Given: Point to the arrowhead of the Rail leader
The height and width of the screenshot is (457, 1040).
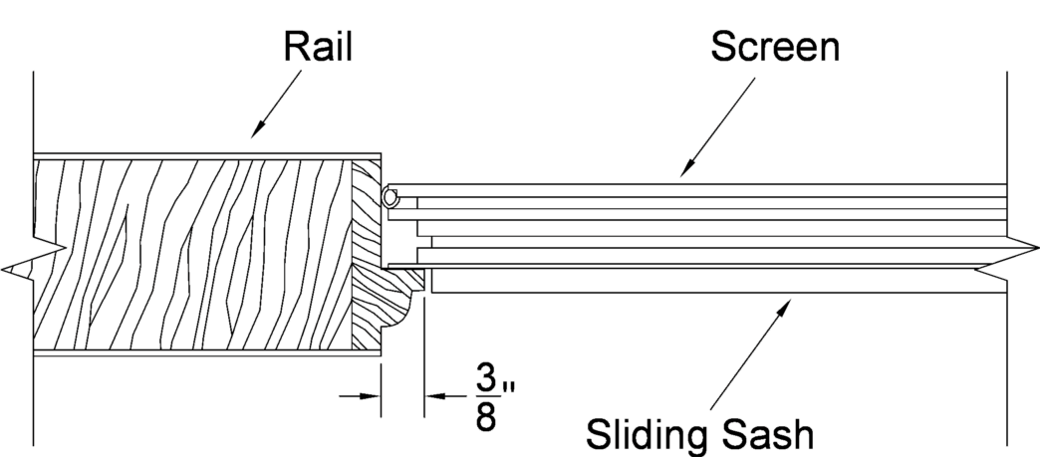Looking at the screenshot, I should (258, 131).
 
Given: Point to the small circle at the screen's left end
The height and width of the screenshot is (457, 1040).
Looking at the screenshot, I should (390, 198).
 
